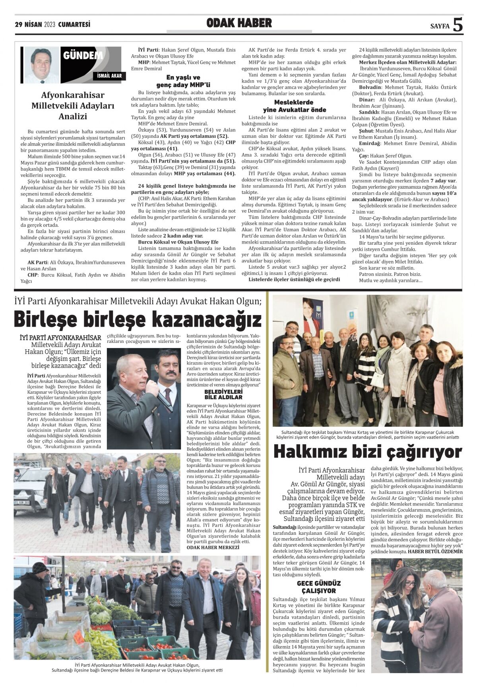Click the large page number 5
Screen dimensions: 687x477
pyautogui.click(x=458, y=25)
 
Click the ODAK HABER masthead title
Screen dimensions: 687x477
pyautogui.click(x=239, y=23)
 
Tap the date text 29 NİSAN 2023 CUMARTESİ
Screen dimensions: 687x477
pyautogui.click(x=52, y=25)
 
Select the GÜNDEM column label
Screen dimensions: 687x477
pyautogui.click(x=83, y=56)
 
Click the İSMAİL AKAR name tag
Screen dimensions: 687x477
pyautogui.click(x=109, y=76)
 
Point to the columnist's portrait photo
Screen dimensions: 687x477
pyautogui.click(x=41, y=65)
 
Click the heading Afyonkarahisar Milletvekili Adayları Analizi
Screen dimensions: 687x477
pyautogui.click(x=73, y=106)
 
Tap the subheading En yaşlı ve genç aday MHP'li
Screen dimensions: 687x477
pyautogui.click(x=183, y=81)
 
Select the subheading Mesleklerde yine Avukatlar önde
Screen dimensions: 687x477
pyautogui.click(x=295, y=106)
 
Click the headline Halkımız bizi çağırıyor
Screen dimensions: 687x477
pyautogui.click(x=368, y=452)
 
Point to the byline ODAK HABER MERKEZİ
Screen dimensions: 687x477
pyautogui.click(x=213, y=548)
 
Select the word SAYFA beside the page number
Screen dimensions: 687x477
pyautogui.click(x=440, y=26)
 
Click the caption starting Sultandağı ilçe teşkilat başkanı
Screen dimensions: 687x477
pyautogui.click(x=368, y=434)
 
